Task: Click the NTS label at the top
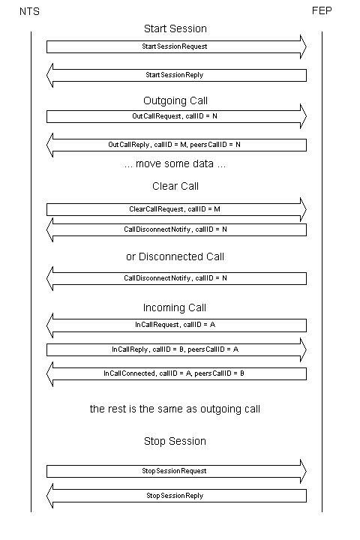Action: click(x=29, y=11)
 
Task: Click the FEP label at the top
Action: click(x=322, y=10)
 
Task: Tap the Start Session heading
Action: click(x=175, y=28)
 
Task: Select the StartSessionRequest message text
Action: click(x=174, y=46)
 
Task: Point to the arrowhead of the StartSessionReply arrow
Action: click(x=49, y=75)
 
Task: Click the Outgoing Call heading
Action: click(x=175, y=100)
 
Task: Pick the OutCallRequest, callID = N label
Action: click(x=175, y=116)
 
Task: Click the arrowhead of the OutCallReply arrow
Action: click(x=49, y=145)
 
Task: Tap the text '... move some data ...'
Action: click(x=175, y=163)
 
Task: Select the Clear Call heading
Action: click(x=175, y=186)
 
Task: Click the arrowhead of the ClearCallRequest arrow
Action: click(x=303, y=209)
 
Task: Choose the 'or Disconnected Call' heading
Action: click(x=175, y=256)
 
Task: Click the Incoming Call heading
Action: click(x=175, y=307)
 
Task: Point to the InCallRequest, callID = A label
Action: click(x=175, y=325)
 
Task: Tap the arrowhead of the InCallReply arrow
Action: click(x=303, y=349)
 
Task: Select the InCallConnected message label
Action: click(x=174, y=373)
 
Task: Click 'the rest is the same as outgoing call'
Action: click(x=175, y=409)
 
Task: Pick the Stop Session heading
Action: click(x=175, y=441)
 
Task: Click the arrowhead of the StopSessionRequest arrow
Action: click(x=303, y=471)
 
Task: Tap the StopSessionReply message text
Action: click(x=175, y=496)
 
